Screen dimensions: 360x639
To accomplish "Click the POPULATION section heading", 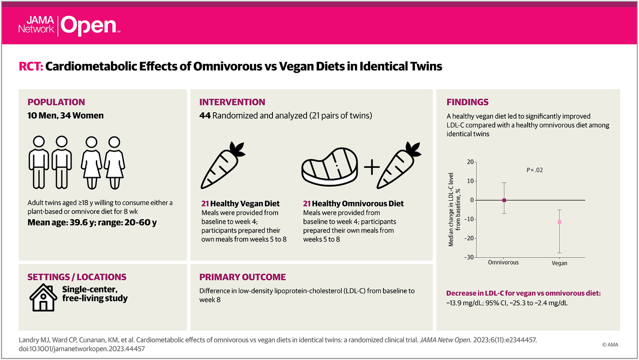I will pyautogui.click(x=56, y=102).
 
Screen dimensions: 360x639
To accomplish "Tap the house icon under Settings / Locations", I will pyautogui.click(x=43, y=297).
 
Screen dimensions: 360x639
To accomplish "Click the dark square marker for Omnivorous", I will pyautogui.click(x=504, y=200).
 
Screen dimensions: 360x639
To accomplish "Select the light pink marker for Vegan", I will pyautogui.click(x=560, y=222).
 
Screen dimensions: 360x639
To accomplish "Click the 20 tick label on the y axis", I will pyautogui.click(x=470, y=162).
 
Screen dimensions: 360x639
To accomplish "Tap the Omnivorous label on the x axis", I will pyautogui.click(x=503, y=262).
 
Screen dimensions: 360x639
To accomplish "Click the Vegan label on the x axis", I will pyautogui.click(x=560, y=263).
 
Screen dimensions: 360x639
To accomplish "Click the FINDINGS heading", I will pyautogui.click(x=467, y=102).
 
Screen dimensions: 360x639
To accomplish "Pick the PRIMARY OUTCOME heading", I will pyautogui.click(x=242, y=277).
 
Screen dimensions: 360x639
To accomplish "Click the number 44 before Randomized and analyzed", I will pyautogui.click(x=205, y=116).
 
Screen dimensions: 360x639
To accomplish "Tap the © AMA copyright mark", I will pyautogui.click(x=610, y=344).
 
